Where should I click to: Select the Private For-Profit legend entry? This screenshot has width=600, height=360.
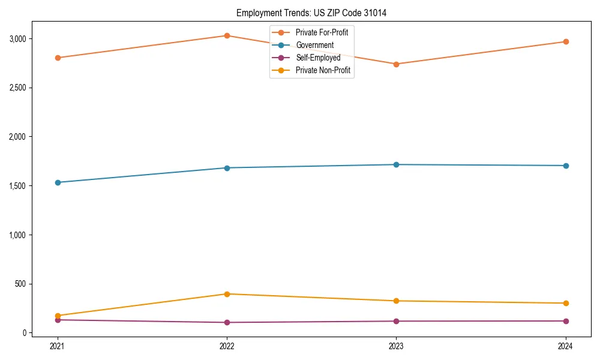(322, 32)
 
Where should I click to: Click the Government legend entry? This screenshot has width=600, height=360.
(314, 45)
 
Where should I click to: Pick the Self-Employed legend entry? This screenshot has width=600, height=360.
(318, 58)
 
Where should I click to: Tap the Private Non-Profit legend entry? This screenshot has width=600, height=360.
(323, 71)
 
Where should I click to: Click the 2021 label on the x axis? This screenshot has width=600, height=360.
(58, 346)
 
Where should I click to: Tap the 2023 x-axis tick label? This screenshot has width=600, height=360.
(396, 346)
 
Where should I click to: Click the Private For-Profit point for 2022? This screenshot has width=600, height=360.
(227, 35)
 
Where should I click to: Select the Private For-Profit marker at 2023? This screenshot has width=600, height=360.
(396, 64)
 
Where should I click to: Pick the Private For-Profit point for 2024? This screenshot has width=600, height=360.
(566, 41)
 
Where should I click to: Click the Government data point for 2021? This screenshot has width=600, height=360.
(58, 182)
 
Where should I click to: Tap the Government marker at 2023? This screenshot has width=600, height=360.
(396, 164)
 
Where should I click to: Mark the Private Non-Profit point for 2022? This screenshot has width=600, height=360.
(227, 294)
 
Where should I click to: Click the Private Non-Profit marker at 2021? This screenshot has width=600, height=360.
(58, 316)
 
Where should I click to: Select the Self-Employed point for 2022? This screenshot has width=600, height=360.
(227, 322)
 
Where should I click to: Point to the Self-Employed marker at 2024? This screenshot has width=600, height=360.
(566, 321)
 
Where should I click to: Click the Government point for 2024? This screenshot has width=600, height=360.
(566, 166)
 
